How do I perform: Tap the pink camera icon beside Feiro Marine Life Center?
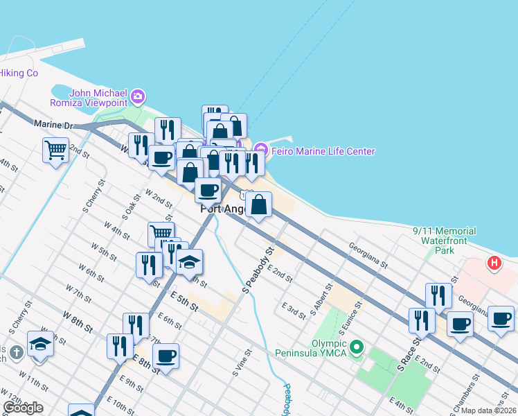pyautogui.click(x=260, y=149)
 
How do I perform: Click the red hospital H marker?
pyautogui.click(x=494, y=263)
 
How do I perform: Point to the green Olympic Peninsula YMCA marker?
pyautogui.click(x=357, y=346)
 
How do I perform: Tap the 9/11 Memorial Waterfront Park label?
pyautogui.click(x=444, y=240)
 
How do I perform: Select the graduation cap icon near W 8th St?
pyautogui.click(x=41, y=344)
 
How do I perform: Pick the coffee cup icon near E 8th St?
pyautogui.click(x=166, y=356)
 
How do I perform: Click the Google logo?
pyautogui.click(x=23, y=408)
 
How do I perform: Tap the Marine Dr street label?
pyautogui.click(x=53, y=124)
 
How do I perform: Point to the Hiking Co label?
pyautogui.click(x=19, y=73)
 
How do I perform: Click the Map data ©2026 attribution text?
pyautogui.click(x=489, y=410)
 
